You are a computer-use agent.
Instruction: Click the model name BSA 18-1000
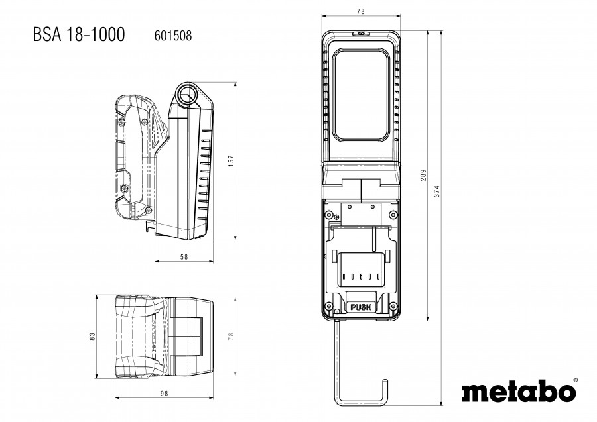point(79,34)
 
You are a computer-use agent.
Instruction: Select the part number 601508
point(173,36)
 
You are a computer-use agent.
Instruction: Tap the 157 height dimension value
point(232,160)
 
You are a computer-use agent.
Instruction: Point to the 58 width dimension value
point(184,257)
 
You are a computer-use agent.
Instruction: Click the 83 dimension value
point(92,336)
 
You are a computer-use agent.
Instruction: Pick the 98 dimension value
point(164,393)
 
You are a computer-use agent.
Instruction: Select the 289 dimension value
point(423,175)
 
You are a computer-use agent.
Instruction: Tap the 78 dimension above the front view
point(361,11)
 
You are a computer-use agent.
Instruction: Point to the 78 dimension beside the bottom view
point(231,336)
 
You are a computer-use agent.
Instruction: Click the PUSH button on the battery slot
point(361,307)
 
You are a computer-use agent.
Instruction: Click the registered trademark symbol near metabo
point(575,380)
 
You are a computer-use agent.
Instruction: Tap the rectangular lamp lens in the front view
point(361,95)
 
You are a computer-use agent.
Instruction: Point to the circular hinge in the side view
point(186,94)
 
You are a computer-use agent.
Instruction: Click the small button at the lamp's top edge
point(361,34)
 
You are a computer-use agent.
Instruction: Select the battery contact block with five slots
point(361,270)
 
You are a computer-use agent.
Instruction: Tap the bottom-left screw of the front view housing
point(328,305)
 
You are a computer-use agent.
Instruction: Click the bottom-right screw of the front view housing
point(393,305)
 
